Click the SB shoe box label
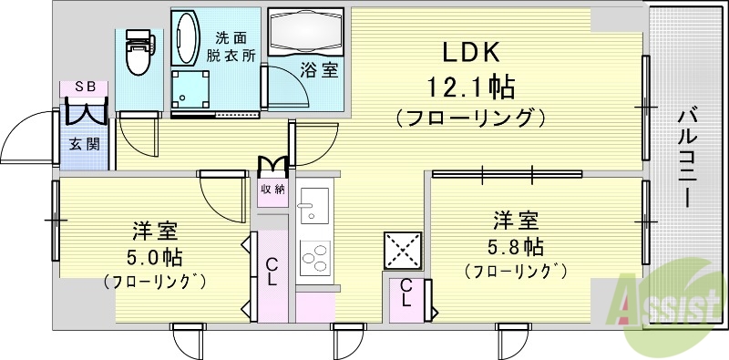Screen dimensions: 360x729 pyautogui.click(x=85, y=87)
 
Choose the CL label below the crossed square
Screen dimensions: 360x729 pyautogui.click(x=406, y=294)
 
